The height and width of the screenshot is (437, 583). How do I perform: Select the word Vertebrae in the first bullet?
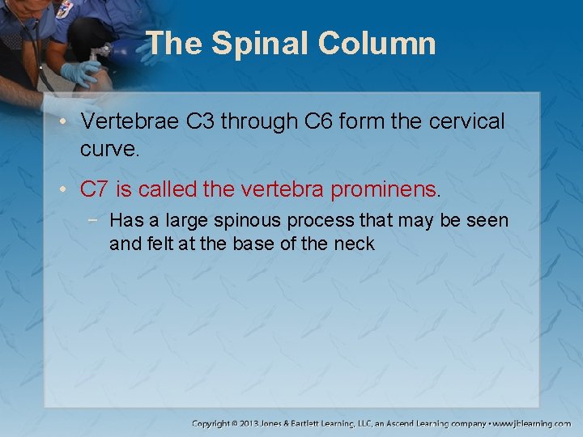pyautogui.click(x=130, y=122)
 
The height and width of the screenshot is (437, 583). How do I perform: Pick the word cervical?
pyautogui.click(x=465, y=122)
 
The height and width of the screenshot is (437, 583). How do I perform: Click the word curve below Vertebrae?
pyautogui.click(x=109, y=149)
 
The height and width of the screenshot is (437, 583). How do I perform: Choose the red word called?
pyautogui.click(x=169, y=190)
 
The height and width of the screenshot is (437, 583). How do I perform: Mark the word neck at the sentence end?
pyautogui.click(x=357, y=244)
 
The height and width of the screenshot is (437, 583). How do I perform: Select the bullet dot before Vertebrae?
pyautogui.click(x=66, y=123)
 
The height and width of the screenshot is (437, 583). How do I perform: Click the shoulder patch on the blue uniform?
pyautogui.click(x=64, y=10)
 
